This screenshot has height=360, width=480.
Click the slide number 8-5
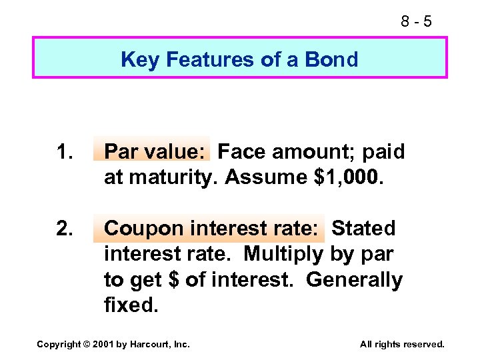coord(416,22)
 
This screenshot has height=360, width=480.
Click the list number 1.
coord(64,152)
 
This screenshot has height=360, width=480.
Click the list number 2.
coord(64,229)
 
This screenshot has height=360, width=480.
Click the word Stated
coord(363,229)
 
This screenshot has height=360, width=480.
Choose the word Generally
coord(354,280)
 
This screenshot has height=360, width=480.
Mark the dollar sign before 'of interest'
coord(174,280)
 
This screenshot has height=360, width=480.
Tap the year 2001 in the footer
coord(105,345)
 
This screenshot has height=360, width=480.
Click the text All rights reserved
coord(401,345)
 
